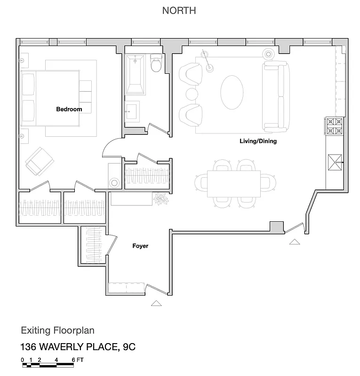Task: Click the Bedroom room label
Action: [69, 109]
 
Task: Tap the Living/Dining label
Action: [258, 141]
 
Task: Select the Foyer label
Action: [141, 245]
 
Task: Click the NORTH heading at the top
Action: [179, 10]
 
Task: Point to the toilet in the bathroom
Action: [156, 64]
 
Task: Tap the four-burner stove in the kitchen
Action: [335, 126]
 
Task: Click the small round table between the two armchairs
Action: [192, 94]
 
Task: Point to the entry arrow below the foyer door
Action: [156, 303]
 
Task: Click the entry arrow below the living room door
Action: [295, 242]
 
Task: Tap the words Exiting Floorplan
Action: [60, 331]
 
